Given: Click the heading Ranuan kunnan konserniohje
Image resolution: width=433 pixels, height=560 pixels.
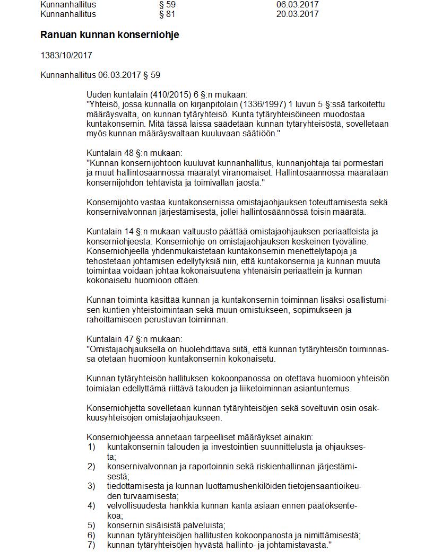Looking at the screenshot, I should [x=110, y=35].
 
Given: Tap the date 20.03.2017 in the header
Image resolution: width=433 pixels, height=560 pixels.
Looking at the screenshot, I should [x=297, y=14].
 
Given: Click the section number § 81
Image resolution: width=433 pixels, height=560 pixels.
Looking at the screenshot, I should [x=167, y=14].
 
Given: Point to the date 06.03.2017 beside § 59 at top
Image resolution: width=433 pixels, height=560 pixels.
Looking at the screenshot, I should [x=297, y=4].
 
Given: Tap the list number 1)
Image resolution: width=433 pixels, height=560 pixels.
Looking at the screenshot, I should [x=91, y=447].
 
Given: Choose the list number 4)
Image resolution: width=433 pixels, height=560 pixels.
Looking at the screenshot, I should [x=91, y=505].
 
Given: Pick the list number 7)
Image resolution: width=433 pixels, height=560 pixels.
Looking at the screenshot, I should [x=91, y=545].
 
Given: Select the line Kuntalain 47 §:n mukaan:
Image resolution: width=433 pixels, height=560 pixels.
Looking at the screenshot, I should [x=134, y=339].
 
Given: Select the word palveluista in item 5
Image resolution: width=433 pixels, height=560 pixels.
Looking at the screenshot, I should [x=204, y=525].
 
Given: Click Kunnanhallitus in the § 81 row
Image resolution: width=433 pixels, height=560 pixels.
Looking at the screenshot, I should [x=68, y=14].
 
